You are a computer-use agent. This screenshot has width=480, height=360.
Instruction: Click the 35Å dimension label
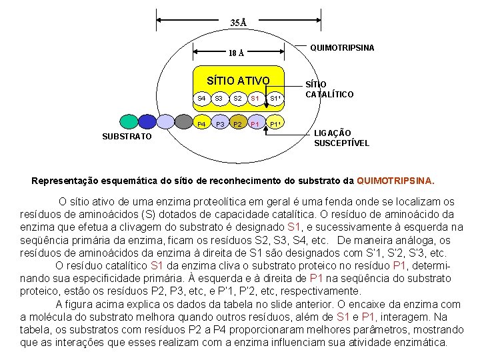coord(238,23)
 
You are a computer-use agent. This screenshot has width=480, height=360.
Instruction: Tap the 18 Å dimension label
coord(236,53)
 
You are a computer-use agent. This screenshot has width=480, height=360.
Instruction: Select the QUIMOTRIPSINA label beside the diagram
coord(342,48)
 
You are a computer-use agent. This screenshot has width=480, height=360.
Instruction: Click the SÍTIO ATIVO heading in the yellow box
coord(238,81)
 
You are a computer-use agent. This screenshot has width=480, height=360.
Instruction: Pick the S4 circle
coord(201,99)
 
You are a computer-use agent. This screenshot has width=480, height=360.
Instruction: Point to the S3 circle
coord(218,99)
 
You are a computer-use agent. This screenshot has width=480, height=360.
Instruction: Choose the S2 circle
coord(237,99)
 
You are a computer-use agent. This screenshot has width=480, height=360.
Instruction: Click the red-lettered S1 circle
coord(255,99)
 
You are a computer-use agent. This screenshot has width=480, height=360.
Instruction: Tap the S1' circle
coord(275,99)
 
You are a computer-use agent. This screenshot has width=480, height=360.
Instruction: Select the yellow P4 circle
coord(201,124)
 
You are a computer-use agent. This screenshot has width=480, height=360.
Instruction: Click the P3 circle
coord(219,124)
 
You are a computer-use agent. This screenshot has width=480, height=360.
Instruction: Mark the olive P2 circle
coord(237,124)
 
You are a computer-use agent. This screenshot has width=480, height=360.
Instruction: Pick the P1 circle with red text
coord(255,124)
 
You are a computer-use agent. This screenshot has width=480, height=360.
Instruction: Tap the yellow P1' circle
coord(275,124)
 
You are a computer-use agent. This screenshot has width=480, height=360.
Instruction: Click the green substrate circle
coord(128,121)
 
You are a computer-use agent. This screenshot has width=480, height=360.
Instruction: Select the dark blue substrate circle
coord(146,121)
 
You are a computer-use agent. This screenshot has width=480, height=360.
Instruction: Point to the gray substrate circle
coord(182,121)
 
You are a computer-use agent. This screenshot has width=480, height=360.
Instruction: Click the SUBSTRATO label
coord(127,137)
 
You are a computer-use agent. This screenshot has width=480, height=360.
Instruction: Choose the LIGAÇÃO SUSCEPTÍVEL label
coord(341,138)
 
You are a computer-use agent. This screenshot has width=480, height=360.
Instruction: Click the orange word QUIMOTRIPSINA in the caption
coord(395,180)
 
